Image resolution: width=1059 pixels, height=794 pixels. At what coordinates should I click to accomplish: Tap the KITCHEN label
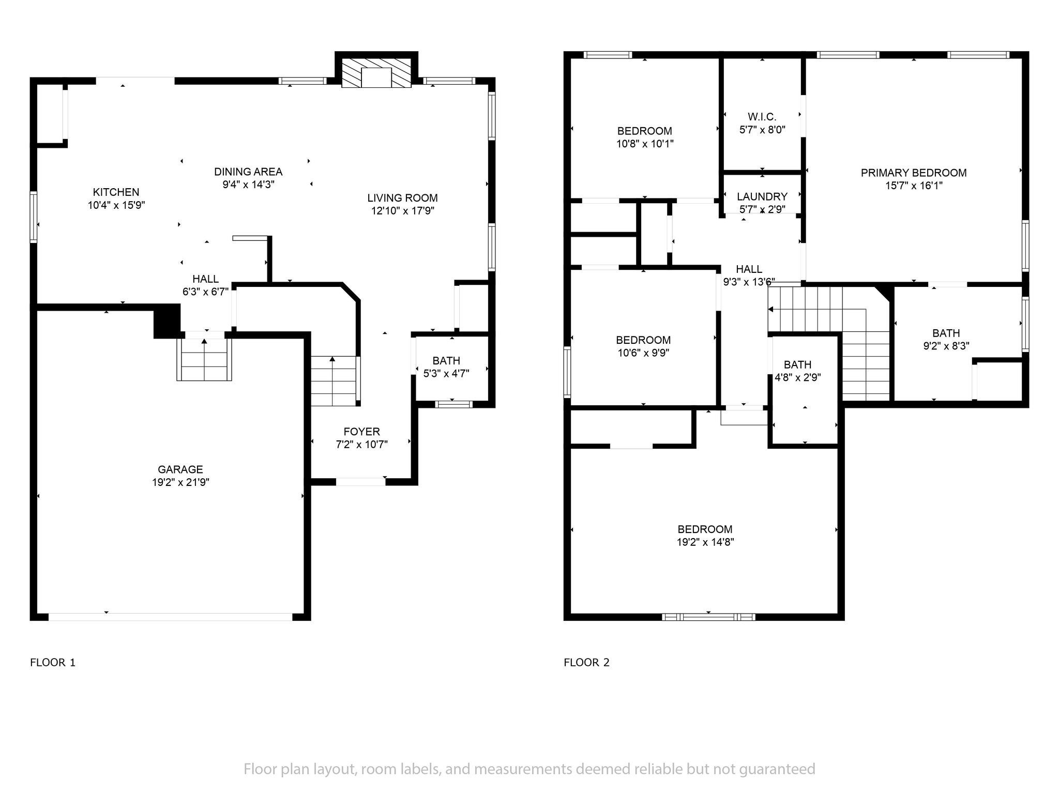[116, 192]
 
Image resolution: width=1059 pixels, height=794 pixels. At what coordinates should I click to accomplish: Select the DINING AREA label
[248, 172]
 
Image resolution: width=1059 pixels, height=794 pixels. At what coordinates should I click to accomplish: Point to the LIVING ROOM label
[402, 198]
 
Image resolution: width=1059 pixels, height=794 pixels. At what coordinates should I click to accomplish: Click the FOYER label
[361, 432]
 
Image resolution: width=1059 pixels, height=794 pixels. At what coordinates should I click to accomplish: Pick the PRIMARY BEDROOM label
[914, 173]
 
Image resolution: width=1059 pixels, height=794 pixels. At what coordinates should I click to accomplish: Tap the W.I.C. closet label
[762, 117]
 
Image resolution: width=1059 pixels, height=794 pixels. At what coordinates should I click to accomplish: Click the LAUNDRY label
[762, 197]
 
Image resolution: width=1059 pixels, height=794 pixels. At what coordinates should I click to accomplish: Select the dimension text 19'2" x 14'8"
[705, 542]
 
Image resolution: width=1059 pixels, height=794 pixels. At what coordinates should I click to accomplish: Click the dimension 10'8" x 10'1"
[645, 144]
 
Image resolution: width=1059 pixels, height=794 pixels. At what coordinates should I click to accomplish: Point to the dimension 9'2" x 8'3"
[946, 346]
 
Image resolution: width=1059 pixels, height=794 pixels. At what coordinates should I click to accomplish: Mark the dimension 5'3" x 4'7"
[446, 374]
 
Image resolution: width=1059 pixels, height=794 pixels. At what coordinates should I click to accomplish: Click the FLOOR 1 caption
[53, 663]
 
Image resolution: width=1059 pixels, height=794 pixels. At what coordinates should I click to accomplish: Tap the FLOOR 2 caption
[586, 663]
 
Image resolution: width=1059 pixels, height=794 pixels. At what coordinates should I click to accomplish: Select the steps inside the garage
[204, 359]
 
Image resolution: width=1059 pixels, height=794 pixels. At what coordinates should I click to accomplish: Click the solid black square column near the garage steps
[167, 321]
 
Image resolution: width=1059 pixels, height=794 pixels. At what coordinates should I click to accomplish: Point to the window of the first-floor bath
[453, 404]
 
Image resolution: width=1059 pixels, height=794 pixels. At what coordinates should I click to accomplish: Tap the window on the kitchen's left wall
[34, 217]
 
